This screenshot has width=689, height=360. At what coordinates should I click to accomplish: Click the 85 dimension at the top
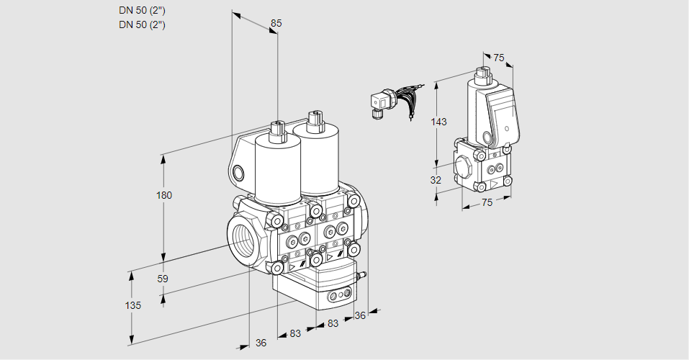click(276, 23)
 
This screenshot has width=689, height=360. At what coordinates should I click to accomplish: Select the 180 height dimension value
click(164, 195)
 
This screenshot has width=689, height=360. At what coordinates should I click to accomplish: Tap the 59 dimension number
click(163, 279)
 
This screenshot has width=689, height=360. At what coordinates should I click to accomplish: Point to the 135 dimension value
click(132, 305)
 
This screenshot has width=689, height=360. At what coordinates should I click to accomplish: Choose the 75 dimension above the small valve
click(498, 58)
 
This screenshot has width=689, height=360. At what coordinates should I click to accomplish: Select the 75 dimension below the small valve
click(487, 203)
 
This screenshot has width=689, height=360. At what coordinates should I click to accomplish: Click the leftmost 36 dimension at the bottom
click(261, 343)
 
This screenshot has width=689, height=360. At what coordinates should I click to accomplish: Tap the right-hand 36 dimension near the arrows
click(360, 315)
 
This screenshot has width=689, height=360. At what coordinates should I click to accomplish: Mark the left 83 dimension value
click(294, 333)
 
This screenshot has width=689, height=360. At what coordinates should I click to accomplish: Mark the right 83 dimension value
click(333, 323)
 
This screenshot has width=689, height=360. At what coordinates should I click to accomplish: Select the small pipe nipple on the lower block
click(363, 274)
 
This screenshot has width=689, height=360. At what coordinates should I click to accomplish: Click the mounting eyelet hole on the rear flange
click(238, 172)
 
